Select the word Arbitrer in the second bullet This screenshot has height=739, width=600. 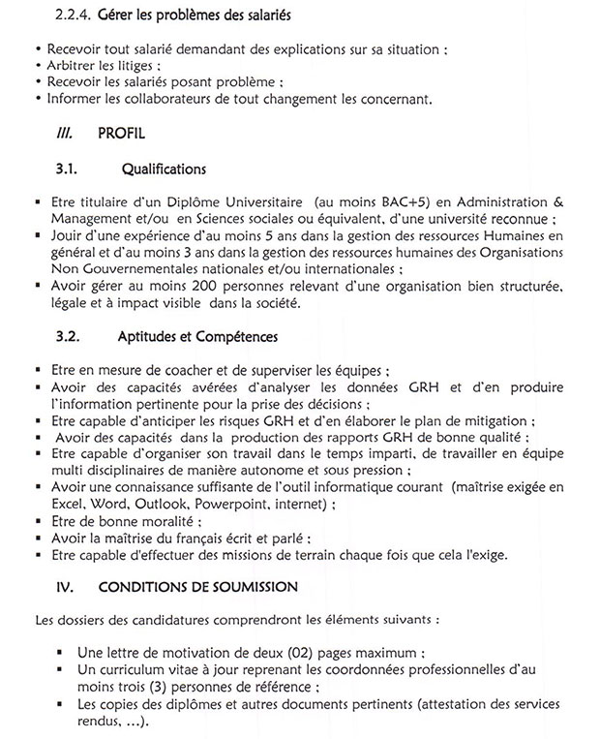[x=71, y=64]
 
